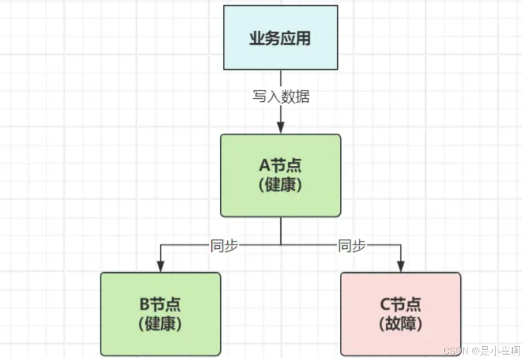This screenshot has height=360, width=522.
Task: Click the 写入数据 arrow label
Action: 281,97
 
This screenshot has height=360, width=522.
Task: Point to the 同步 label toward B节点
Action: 224,246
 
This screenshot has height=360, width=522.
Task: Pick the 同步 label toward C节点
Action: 352,246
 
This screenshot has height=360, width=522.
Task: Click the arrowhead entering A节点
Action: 281,129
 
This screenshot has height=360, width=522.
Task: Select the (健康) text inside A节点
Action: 281,185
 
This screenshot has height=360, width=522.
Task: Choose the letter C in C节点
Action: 385,305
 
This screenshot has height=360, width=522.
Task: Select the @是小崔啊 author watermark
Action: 494,351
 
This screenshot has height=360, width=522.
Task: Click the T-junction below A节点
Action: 281,245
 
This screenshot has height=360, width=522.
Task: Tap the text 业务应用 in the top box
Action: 281,39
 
